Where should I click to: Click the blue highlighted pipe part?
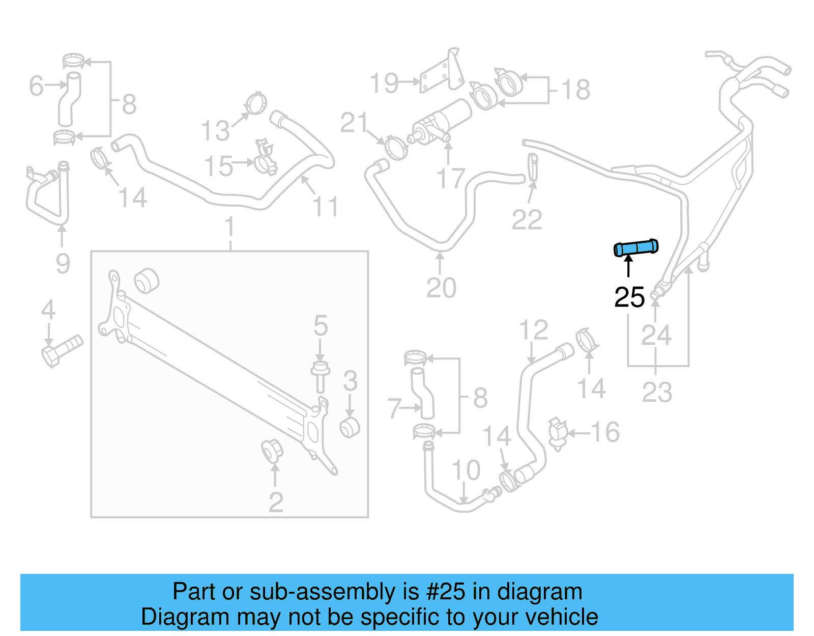[x=636, y=248]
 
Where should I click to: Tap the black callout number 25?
[x=629, y=297]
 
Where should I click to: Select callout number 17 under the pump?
[x=451, y=179]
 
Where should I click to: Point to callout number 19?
[x=384, y=83]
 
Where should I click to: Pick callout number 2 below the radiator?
[x=275, y=503]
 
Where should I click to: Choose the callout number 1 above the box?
[x=229, y=227]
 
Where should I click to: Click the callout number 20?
[x=441, y=288]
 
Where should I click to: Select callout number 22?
[x=527, y=220]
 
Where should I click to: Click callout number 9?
[x=63, y=263]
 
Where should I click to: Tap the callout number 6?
[x=36, y=86]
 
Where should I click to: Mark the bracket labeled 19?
[x=442, y=72]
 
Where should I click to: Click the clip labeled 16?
[x=558, y=433]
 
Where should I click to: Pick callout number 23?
[x=657, y=392]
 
